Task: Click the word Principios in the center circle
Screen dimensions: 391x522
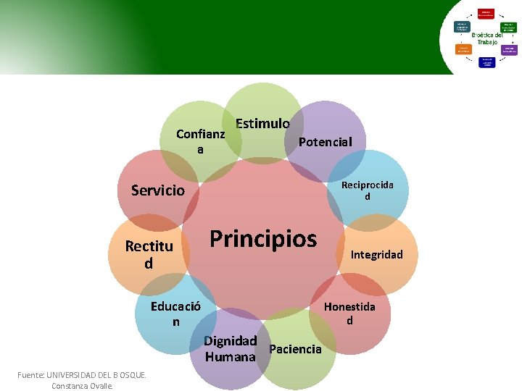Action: (263, 239)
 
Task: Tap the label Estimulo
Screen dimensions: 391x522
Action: (262, 124)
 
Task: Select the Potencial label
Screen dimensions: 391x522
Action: (325, 142)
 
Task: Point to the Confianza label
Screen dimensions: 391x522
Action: (201, 141)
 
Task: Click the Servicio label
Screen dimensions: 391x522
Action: (158, 190)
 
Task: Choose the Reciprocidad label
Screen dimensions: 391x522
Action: (368, 190)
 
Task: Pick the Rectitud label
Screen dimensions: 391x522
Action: (149, 254)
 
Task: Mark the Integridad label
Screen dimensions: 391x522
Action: (376, 254)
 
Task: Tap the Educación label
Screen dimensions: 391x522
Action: (175, 314)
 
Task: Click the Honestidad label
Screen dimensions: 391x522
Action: (349, 314)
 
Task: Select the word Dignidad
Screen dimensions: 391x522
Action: (231, 340)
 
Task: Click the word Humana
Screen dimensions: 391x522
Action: (231, 357)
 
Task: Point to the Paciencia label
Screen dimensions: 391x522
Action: (295, 349)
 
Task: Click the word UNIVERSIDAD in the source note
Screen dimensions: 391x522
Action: (80, 375)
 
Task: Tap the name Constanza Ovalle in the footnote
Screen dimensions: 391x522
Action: (82, 386)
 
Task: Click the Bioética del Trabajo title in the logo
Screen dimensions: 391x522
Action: (486, 38)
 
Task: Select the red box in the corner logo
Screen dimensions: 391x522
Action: (486, 14)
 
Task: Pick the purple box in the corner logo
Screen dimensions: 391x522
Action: (508, 51)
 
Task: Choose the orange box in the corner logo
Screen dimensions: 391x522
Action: (463, 50)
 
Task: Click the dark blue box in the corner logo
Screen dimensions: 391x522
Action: (462, 26)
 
